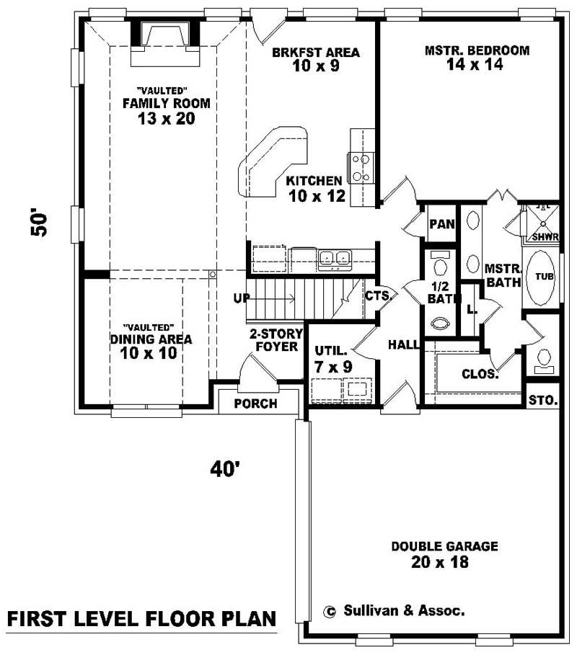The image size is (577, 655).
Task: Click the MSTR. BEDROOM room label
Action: pos(477,50)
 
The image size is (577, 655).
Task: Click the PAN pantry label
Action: pos(441,224)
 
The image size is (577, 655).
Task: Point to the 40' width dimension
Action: pos(225,469)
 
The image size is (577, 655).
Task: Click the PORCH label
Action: pos(255,404)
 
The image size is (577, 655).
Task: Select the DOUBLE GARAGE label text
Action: pos(444,546)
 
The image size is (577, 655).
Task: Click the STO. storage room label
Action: pos(542,400)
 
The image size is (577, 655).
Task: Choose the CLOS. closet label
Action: pos(479,374)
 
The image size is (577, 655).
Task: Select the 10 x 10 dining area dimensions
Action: pos(148,354)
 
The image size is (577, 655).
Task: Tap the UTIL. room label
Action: pos(331,352)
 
